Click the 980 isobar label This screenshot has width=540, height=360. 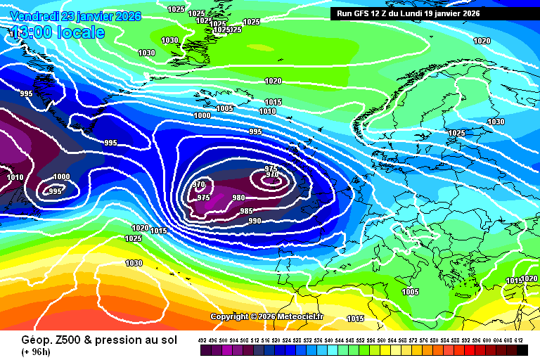[x=238, y=198]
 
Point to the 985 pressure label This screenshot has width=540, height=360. [x=246, y=211]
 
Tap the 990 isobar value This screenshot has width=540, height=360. [x=255, y=221]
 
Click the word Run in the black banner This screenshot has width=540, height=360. [x=345, y=13]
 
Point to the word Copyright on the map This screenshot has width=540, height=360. [x=229, y=316]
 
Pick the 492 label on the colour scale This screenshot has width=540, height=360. [x=202, y=341]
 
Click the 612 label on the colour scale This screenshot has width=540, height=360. [x=520, y=341]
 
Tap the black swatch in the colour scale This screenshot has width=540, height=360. [x=522, y=351]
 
